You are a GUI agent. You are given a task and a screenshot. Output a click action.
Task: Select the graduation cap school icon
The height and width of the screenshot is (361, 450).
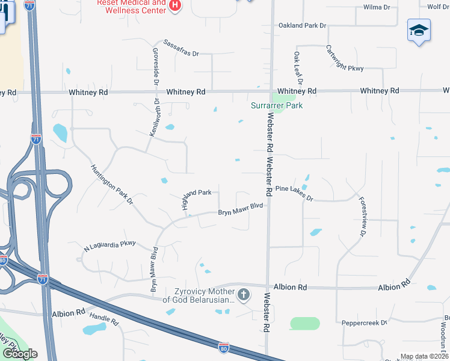click(x=419, y=31)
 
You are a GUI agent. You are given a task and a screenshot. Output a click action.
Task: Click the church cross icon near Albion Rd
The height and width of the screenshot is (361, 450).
click(x=244, y=294)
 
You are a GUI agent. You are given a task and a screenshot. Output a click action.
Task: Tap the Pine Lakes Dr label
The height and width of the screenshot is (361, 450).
click(x=294, y=193)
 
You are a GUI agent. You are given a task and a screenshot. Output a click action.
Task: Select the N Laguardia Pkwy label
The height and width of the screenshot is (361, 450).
click(x=111, y=246)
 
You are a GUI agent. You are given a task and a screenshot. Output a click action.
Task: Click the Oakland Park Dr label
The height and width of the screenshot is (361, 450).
click(x=302, y=26)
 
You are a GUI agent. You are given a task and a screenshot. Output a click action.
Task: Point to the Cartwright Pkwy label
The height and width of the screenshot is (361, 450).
click(x=345, y=58)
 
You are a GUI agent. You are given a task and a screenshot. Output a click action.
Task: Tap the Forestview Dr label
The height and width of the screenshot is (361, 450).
click(x=363, y=216)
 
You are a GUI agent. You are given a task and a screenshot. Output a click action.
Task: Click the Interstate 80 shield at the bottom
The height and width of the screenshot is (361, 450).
click(x=223, y=347)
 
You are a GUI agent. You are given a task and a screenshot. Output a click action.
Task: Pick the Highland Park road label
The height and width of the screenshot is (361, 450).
click(x=196, y=193)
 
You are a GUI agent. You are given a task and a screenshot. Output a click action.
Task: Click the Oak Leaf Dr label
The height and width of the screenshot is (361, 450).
click(x=297, y=67)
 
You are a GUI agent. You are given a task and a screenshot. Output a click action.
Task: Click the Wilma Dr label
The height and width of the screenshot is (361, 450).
click(x=377, y=7)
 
